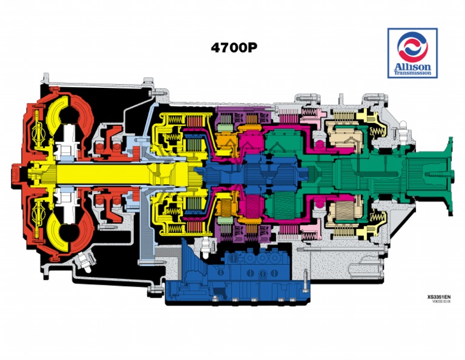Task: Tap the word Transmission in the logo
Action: pos(414,73)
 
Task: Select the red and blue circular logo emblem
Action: pos(414,47)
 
